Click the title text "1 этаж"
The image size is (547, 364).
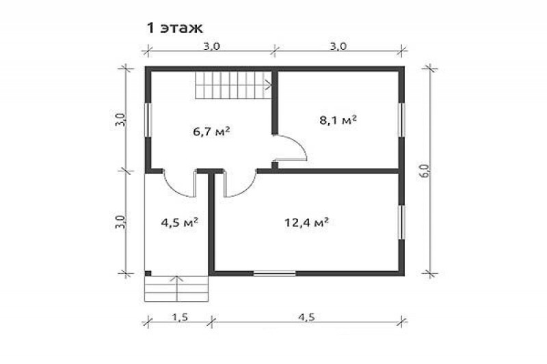click(x=174, y=28)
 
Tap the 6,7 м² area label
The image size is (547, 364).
click(x=211, y=132)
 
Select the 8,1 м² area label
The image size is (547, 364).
click(x=338, y=120)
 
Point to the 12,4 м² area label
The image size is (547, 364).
click(x=307, y=222)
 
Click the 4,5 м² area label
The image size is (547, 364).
click(x=180, y=222)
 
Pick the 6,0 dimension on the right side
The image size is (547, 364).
click(x=426, y=171)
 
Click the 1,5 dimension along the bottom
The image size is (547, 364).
click(x=181, y=317)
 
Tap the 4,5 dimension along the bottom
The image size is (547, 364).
click(x=306, y=317)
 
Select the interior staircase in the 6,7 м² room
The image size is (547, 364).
click(x=233, y=85)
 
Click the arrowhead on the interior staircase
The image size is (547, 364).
click(x=269, y=84)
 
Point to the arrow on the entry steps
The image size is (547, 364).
click(x=177, y=288)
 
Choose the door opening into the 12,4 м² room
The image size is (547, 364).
click(x=240, y=184)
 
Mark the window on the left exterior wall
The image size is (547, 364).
click(x=147, y=120)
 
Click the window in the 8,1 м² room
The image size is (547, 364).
click(x=401, y=120)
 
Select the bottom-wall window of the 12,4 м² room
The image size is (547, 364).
click(x=274, y=273)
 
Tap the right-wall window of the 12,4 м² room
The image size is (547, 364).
click(x=401, y=222)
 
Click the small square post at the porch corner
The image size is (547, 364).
click(x=148, y=273)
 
